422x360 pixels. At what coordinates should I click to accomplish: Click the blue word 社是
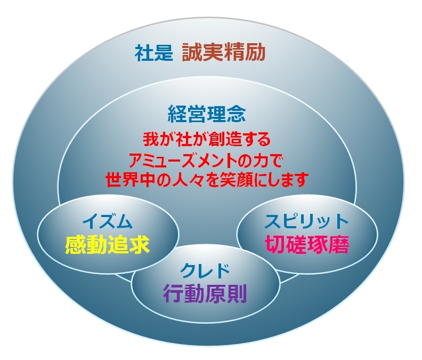(x=154, y=53)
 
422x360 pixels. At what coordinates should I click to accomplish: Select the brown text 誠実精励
(x=224, y=53)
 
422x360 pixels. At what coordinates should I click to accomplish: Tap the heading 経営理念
(x=207, y=114)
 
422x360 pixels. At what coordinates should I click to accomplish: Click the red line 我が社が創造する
(x=207, y=139)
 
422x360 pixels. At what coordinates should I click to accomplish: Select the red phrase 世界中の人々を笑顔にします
(x=207, y=179)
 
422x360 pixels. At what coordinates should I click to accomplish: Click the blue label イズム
(x=108, y=222)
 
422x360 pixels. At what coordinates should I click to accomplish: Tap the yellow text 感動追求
(x=108, y=245)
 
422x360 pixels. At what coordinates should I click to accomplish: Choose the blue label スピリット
(x=306, y=221)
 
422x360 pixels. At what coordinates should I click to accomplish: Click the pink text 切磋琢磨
(x=307, y=244)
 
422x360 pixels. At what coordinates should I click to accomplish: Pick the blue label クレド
(x=205, y=271)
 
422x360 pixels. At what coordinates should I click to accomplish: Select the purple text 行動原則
(x=205, y=294)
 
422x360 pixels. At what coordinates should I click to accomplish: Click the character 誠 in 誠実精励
(x=192, y=53)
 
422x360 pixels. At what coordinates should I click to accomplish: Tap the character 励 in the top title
(x=255, y=53)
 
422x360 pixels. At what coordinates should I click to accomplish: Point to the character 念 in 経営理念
(x=236, y=114)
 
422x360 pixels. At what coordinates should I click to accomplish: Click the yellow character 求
(x=140, y=245)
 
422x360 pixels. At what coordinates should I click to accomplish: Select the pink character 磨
(x=339, y=244)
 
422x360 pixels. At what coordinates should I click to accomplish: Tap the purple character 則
(x=237, y=294)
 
